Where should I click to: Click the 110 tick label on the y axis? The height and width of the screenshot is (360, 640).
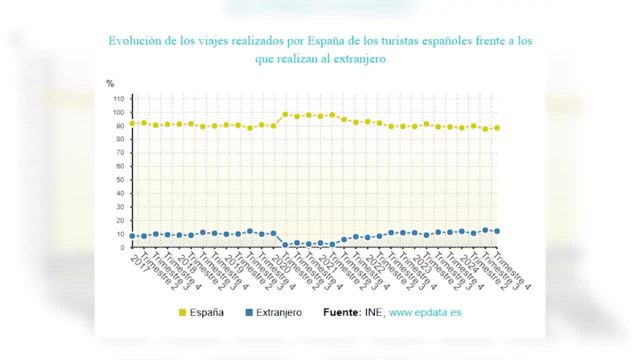(119, 99)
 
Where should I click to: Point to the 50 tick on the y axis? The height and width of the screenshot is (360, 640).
(120, 180)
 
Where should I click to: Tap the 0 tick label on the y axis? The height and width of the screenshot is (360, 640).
(122, 248)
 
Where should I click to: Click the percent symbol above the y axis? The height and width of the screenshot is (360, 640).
(110, 83)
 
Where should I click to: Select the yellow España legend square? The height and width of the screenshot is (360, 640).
(182, 312)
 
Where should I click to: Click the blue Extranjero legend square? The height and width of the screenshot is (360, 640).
(249, 312)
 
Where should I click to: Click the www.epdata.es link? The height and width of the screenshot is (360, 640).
(425, 312)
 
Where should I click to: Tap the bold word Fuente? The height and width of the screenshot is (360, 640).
(342, 312)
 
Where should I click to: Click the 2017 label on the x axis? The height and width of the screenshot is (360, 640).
(139, 264)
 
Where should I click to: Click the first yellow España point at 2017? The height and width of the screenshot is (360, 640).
(132, 123)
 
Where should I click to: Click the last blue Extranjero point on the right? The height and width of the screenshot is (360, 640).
(497, 231)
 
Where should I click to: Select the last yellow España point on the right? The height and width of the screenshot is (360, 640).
(497, 128)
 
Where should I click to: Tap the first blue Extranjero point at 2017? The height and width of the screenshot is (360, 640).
(132, 236)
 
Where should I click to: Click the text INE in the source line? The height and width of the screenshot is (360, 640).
(374, 312)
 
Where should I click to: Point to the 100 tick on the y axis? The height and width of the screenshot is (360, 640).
(119, 112)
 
